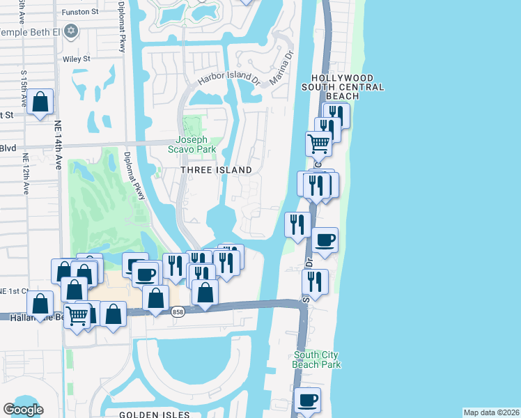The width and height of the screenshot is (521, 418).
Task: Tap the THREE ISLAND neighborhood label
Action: tap(216, 170)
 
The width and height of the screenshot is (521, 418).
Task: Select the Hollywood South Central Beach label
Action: tap(342, 87)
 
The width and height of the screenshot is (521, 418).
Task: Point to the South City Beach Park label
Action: tap(317, 359)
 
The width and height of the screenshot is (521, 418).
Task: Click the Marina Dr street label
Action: tap(282, 64)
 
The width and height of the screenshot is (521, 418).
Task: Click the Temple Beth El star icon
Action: tap(70, 31)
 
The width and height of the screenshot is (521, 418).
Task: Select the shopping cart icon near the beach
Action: tap(318, 144)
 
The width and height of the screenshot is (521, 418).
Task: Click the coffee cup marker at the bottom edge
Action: tap(306, 401)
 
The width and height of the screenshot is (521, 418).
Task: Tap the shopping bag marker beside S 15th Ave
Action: tap(41, 102)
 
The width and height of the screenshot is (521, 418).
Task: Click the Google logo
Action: tap(23, 410)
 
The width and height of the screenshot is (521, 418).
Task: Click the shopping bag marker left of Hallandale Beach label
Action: tap(40, 303)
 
